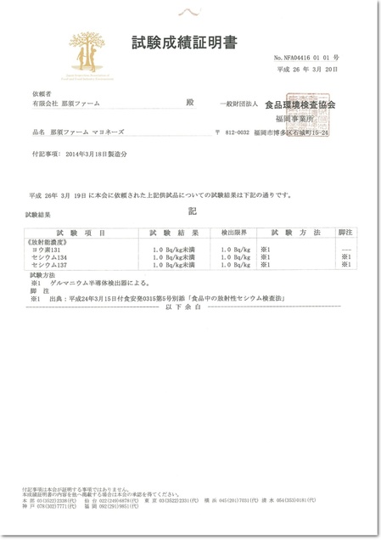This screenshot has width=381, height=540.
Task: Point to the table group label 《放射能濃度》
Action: (49, 241)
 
